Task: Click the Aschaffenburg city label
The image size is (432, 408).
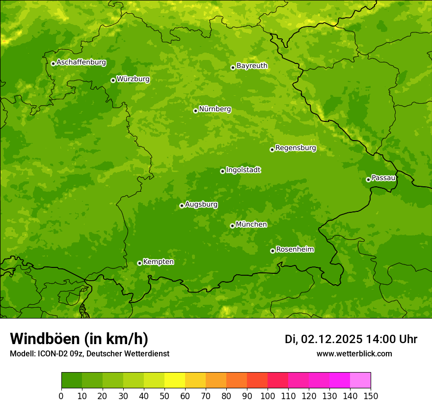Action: (x=81, y=62)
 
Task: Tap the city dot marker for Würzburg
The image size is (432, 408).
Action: (x=113, y=80)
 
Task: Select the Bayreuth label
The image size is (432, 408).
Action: (x=252, y=66)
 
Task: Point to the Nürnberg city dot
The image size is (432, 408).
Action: (x=195, y=111)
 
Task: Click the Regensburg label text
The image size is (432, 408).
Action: (x=296, y=148)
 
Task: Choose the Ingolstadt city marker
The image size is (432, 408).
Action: (x=222, y=171)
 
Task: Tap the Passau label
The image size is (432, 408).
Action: (x=383, y=178)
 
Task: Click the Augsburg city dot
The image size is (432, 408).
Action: (x=182, y=205)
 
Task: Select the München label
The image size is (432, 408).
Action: (x=251, y=225)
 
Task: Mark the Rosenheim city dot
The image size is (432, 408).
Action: (x=272, y=251)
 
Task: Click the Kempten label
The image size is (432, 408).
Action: (x=158, y=262)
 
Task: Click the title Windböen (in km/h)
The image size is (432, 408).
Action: (x=79, y=339)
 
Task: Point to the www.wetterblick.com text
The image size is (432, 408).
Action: (x=354, y=353)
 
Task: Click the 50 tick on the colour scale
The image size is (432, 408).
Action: (x=164, y=396)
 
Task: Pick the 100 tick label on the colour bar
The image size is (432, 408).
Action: (x=268, y=396)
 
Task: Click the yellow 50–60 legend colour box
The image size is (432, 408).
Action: (x=175, y=380)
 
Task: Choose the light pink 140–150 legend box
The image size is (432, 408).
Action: (x=360, y=380)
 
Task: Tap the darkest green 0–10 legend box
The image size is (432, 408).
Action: (x=72, y=380)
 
